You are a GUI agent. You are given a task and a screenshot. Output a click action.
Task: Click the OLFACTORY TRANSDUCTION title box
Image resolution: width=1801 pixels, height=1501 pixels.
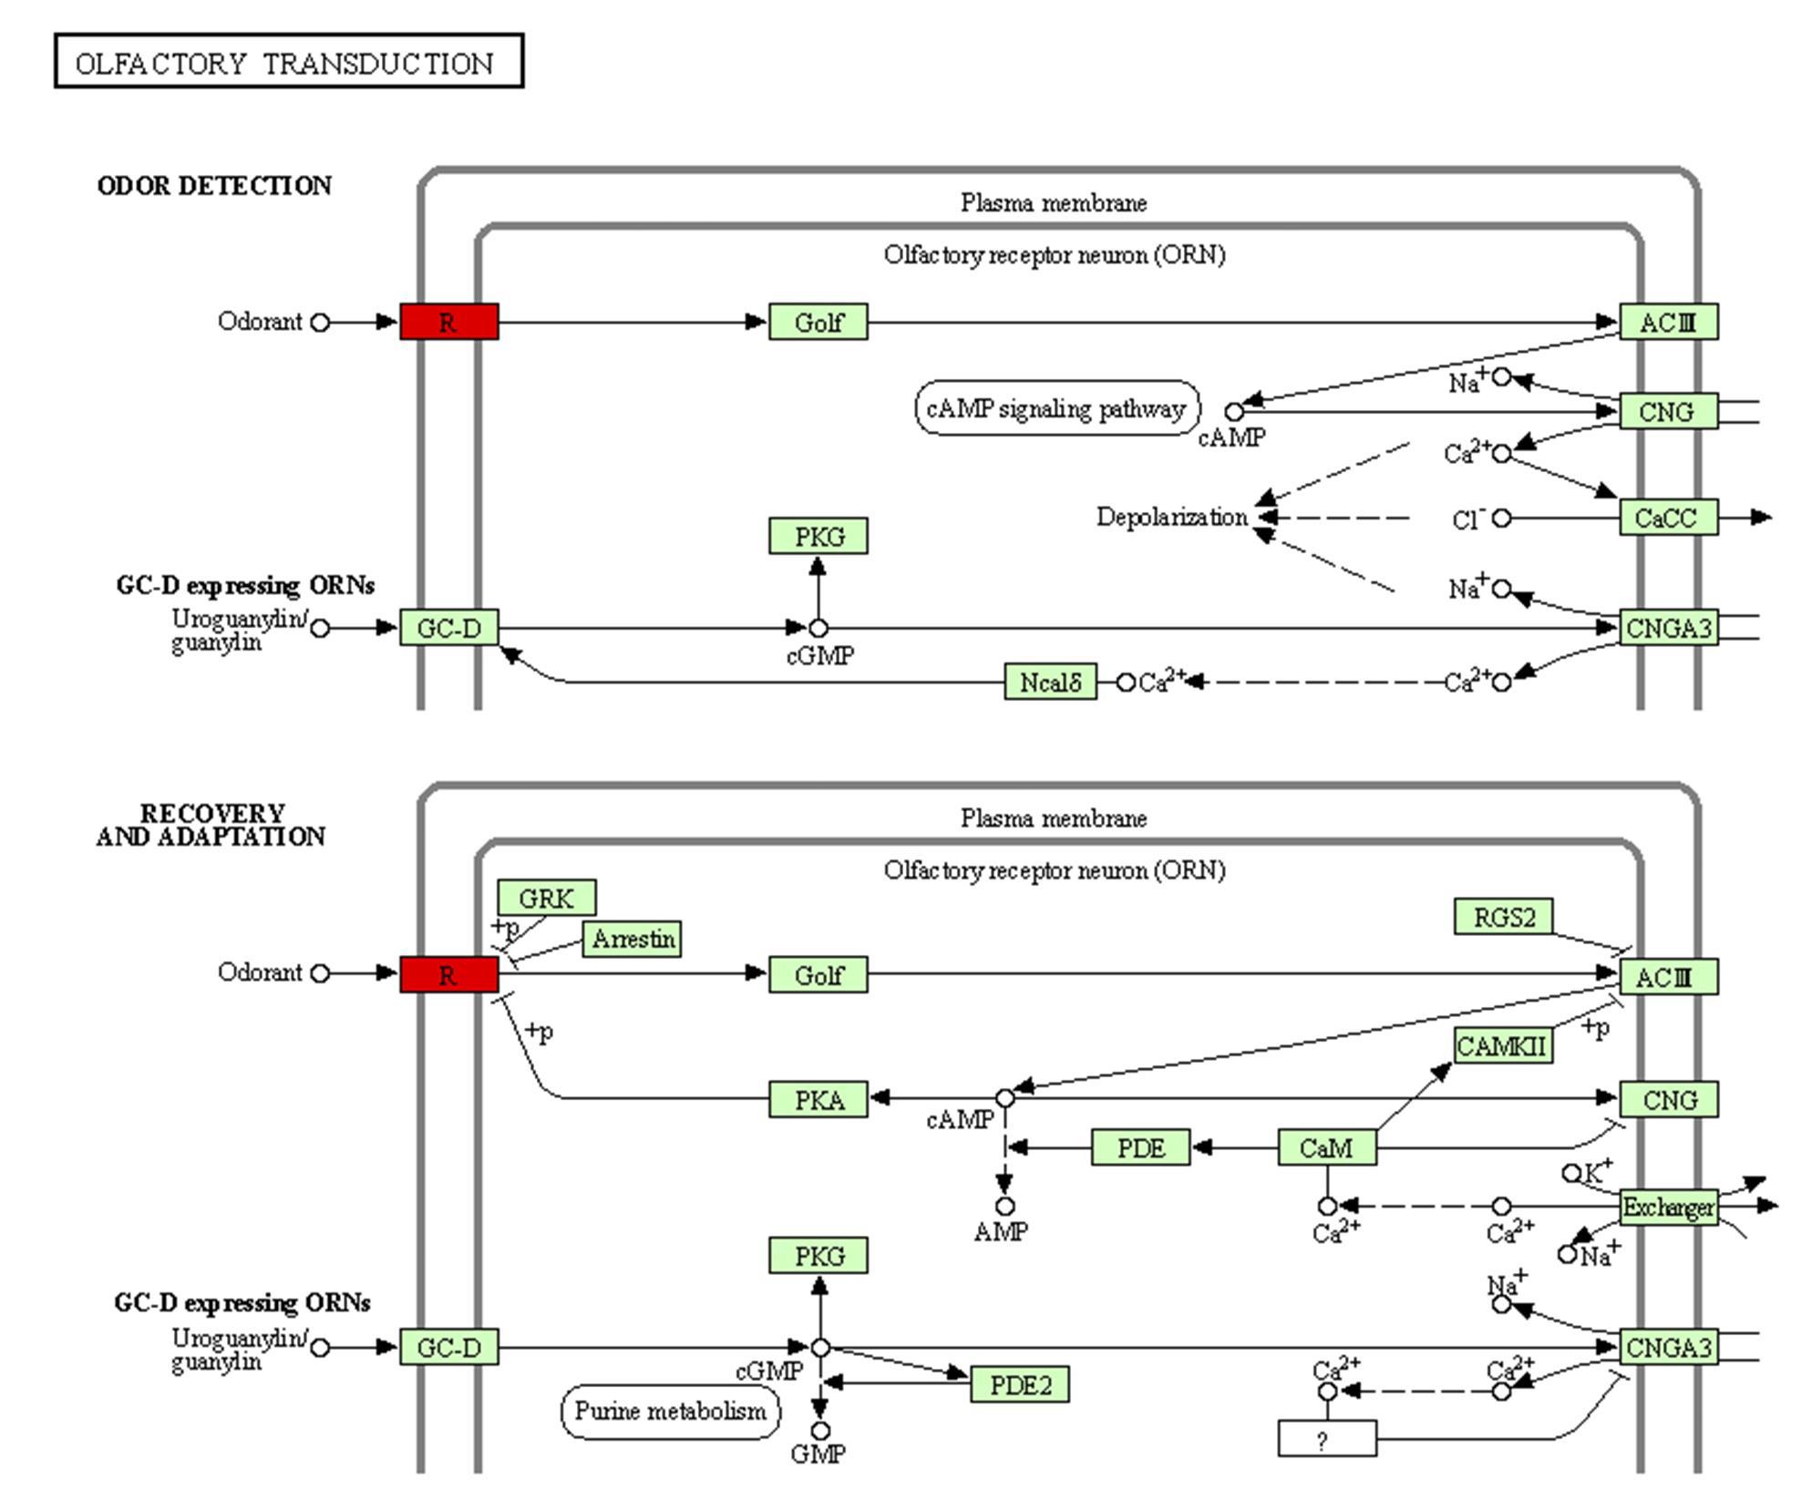pyautogui.click(x=289, y=62)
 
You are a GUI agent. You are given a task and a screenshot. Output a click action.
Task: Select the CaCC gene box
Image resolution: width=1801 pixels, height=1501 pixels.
pyautogui.click(x=1668, y=518)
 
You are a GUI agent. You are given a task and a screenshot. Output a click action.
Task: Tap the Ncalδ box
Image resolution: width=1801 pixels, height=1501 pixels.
pyautogui.click(x=1050, y=683)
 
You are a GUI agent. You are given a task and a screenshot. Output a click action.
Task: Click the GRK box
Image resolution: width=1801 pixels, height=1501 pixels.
pyautogui.click(x=546, y=899)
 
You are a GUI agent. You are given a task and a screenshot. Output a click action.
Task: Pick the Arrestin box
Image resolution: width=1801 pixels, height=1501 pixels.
pyautogui.click(x=633, y=939)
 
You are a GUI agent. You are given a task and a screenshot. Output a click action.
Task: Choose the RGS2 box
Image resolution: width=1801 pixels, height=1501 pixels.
pyautogui.click(x=1503, y=917)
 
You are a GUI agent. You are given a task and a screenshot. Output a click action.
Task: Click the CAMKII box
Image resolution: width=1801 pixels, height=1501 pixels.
pyautogui.click(x=1502, y=1046)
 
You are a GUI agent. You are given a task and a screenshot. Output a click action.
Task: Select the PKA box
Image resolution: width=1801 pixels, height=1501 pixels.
pyautogui.click(x=818, y=1100)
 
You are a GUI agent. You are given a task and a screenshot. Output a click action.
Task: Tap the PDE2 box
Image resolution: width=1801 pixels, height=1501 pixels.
pyautogui.click(x=1019, y=1385)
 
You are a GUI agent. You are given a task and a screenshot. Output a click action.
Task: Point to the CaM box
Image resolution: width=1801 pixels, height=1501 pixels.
pyautogui.click(x=1326, y=1148)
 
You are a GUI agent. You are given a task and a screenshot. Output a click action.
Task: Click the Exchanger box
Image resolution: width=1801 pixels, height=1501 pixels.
pyautogui.click(x=1668, y=1208)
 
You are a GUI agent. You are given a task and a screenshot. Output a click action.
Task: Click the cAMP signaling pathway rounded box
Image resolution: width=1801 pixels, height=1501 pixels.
pyautogui.click(x=1056, y=409)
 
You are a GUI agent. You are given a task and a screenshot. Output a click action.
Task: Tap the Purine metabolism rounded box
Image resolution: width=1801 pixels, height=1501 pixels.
pyautogui.click(x=670, y=1412)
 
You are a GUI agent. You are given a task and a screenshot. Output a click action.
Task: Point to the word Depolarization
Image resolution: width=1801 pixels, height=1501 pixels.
pyautogui.click(x=1171, y=518)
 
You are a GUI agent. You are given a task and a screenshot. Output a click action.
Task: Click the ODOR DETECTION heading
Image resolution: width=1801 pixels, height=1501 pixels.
pyautogui.click(x=214, y=186)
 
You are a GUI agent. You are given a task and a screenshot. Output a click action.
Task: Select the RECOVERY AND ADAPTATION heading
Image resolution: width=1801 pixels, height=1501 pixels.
pyautogui.click(x=211, y=825)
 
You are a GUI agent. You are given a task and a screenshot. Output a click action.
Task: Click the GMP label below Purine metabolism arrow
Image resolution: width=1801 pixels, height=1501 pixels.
pyautogui.click(x=818, y=1455)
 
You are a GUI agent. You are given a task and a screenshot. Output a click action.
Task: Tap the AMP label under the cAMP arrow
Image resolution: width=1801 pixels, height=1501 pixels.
pyautogui.click(x=1001, y=1232)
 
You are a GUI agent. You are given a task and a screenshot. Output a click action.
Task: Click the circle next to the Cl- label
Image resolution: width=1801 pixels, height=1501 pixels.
pyautogui.click(x=1502, y=519)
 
